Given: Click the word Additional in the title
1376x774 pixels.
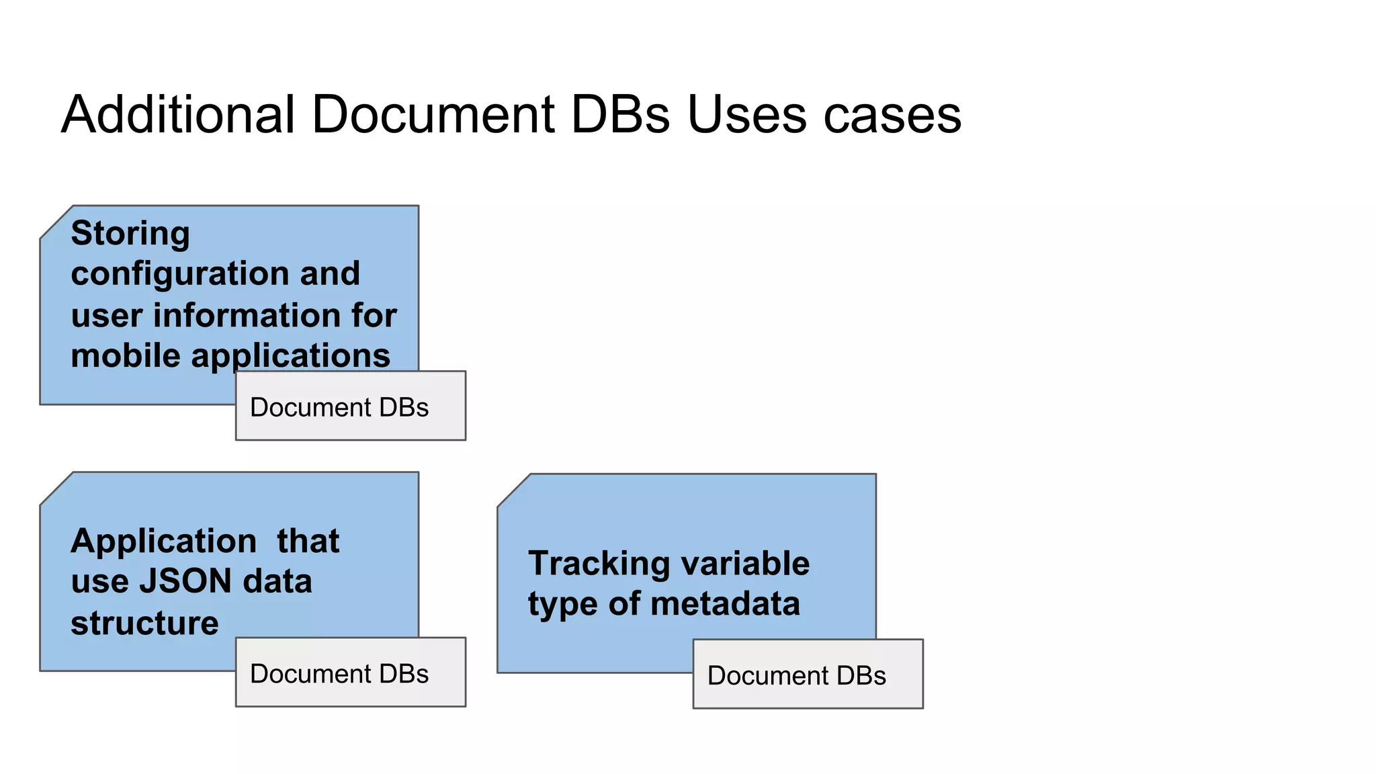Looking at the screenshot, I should coord(178,114).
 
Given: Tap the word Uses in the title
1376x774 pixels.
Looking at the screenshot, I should coord(746,114).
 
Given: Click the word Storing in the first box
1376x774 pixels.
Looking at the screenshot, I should coord(130,234).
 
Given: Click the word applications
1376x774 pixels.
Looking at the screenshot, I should coord(290,356).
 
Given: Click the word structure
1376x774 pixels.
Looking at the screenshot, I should coord(144,623).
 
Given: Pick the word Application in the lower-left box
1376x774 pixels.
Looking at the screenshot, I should coord(163,541).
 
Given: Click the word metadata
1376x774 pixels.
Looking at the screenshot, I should coord(725,603).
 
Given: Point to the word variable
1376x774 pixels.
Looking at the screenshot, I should coord(746,563).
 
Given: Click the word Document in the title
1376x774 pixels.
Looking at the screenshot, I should coord(433,114).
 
